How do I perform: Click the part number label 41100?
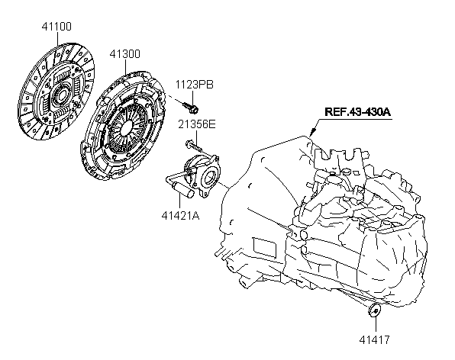click(56, 27)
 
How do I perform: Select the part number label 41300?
click(124, 54)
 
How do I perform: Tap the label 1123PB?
click(194, 85)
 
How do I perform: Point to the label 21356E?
click(197, 124)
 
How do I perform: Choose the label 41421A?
click(180, 216)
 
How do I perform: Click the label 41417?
click(374, 339)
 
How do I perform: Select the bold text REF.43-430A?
click(357, 112)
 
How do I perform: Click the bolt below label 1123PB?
click(191, 108)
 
